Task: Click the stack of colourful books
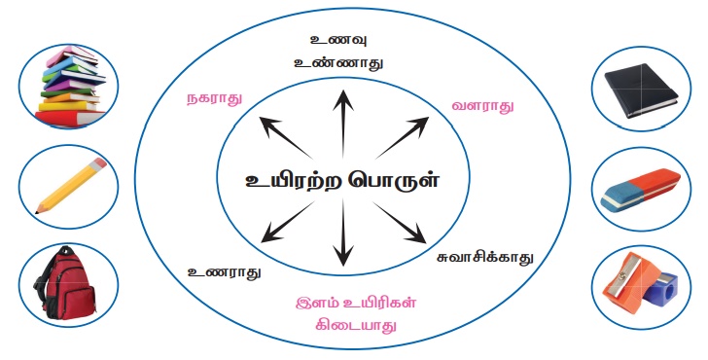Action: point(70,86)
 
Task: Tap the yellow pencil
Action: point(71,185)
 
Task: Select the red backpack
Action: point(65,283)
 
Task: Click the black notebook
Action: point(641,90)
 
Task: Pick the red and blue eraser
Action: point(641,190)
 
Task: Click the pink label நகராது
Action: point(215,98)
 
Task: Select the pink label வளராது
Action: point(482,106)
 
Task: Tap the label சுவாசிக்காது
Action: point(485,258)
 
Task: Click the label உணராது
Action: point(225,271)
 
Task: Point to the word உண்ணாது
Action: point(338,62)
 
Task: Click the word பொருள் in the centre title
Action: point(393,180)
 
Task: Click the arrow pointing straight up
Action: point(343,124)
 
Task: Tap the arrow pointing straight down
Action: point(343,233)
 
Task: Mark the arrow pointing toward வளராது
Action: point(402,138)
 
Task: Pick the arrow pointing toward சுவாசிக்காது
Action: point(399,222)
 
